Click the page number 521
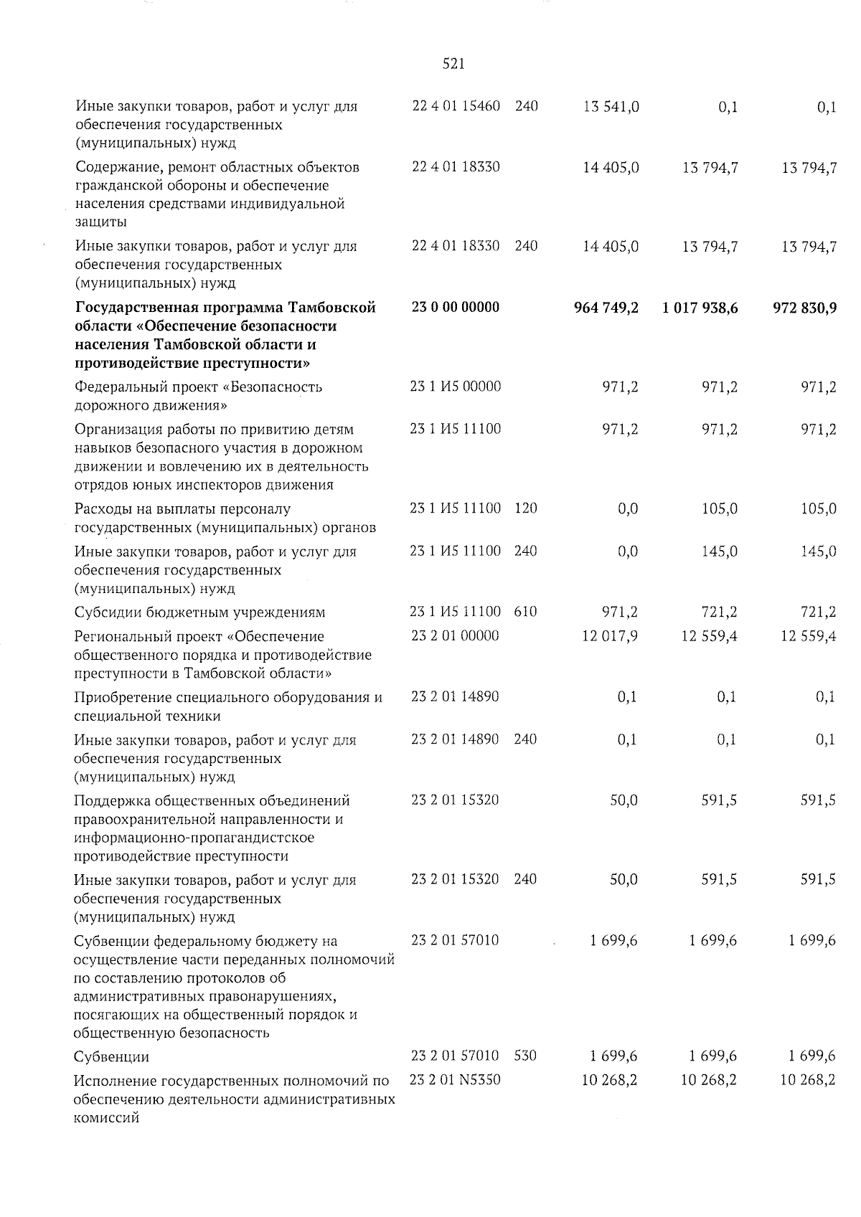click(453, 64)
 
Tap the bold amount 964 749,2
click(606, 308)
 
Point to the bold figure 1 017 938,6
click(700, 308)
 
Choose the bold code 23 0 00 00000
click(456, 307)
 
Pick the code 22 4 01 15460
click(456, 106)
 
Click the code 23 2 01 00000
click(455, 635)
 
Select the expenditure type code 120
click(525, 508)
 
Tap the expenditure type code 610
click(525, 612)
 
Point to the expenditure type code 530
click(525, 1056)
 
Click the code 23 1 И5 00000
click(455, 387)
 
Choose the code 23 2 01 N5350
click(455, 1079)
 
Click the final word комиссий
click(105, 1118)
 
